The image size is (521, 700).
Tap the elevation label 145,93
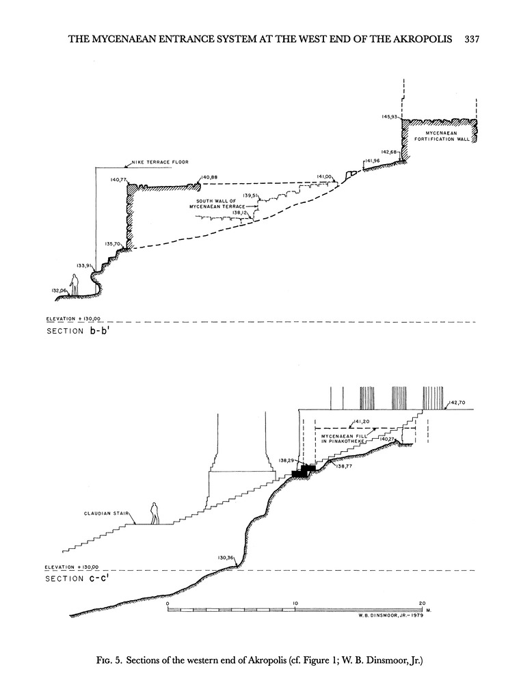[x=390, y=117]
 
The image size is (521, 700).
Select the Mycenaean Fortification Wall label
[x=441, y=135]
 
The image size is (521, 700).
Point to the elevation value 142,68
[x=389, y=152]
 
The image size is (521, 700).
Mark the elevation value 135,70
[x=112, y=243]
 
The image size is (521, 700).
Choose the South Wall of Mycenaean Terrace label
[x=220, y=204]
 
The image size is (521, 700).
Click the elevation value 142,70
[x=457, y=404]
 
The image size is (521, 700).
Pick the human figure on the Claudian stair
[x=155, y=513]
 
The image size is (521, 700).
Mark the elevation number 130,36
[x=226, y=557]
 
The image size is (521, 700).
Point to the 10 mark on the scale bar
[x=295, y=603]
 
